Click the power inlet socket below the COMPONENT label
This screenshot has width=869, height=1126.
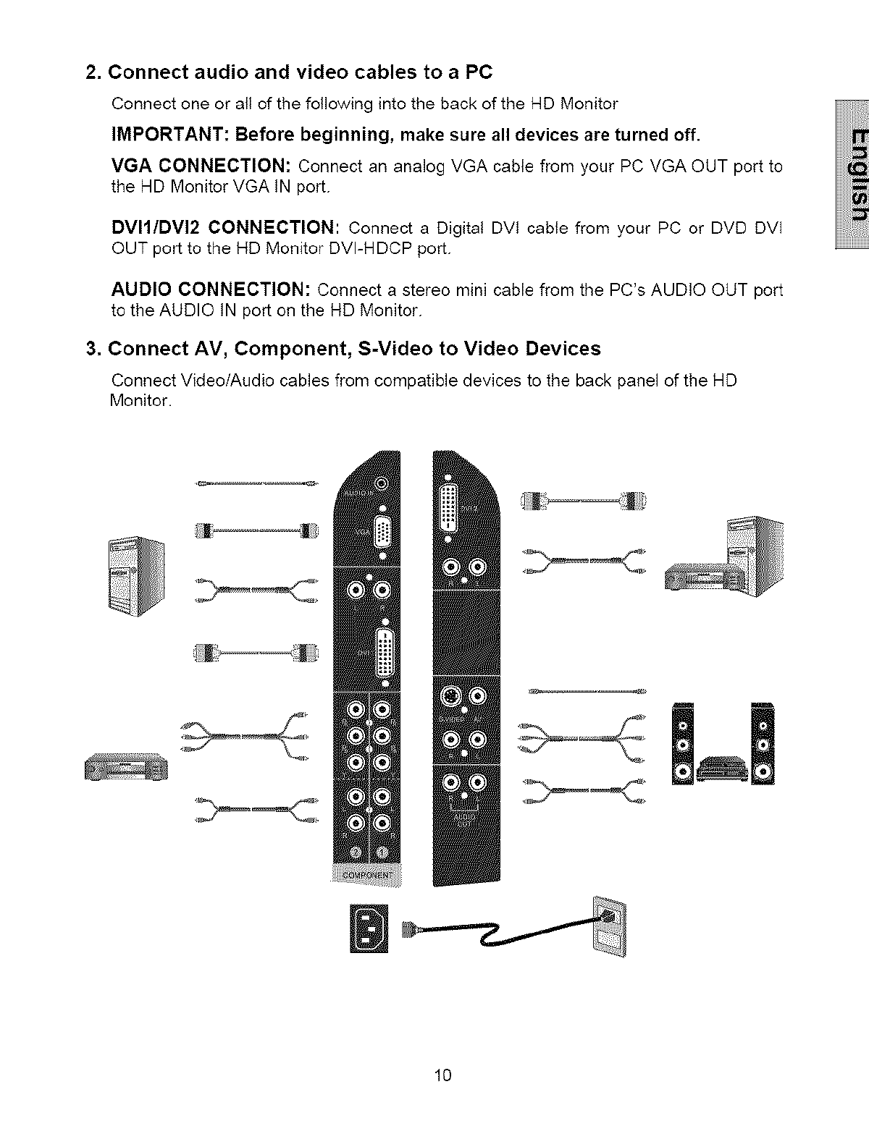[x=369, y=928]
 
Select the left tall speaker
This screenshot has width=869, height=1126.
[x=683, y=744]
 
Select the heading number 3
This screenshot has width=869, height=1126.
[x=92, y=349]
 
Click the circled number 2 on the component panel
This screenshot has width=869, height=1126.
[x=354, y=852]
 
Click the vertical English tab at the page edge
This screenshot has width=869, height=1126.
[x=853, y=174]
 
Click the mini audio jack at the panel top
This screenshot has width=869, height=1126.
[x=382, y=483]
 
